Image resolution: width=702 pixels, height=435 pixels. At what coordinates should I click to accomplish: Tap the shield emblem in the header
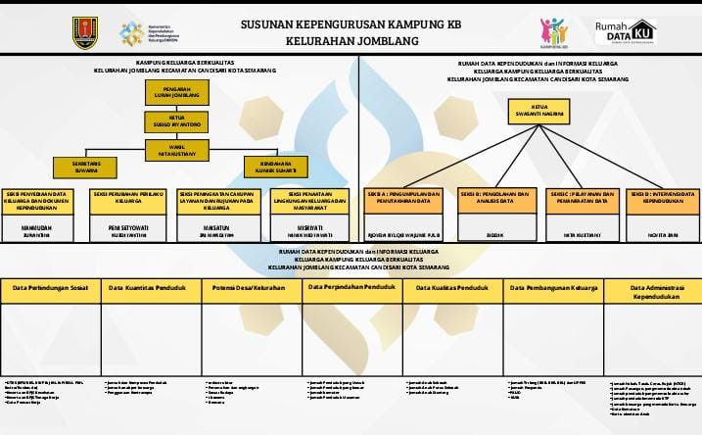coord(85,32)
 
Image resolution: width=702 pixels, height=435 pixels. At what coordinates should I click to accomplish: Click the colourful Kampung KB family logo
coord(552,31)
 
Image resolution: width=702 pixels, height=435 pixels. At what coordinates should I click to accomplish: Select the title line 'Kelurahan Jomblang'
coord(351,41)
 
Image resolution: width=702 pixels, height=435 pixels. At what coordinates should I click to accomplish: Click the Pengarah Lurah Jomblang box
coord(172,91)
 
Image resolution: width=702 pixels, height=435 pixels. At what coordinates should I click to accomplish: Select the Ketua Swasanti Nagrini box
coord(536,111)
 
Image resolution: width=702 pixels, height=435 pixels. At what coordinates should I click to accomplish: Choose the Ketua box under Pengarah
coord(172,121)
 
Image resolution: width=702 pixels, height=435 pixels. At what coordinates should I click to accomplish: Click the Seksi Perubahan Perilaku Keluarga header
coord(129,200)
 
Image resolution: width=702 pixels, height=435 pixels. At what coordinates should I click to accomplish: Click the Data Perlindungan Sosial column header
coord(50,289)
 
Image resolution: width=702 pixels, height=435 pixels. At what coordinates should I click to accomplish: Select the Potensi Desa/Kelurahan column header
coord(252,289)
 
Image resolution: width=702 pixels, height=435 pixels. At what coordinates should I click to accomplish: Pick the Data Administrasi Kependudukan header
coord(651,291)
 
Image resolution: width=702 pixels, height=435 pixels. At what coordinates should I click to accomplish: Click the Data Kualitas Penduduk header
coord(452,289)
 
